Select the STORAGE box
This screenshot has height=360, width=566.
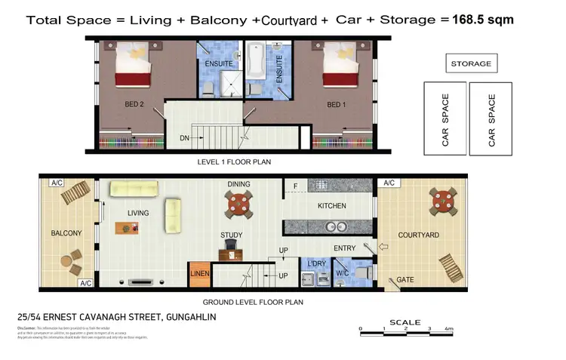point(471,64)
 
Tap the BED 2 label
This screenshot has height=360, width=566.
point(134,104)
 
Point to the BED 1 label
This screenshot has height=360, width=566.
point(335,104)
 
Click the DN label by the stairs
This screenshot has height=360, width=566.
point(183,138)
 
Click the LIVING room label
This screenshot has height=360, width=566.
point(138,213)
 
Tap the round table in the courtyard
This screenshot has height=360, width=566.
point(441,201)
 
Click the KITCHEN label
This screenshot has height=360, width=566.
point(332,205)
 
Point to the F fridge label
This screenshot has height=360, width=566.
point(295,184)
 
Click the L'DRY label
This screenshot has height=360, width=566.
point(315,263)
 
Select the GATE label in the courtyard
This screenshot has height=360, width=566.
point(405,280)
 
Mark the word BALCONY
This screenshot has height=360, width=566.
point(66,233)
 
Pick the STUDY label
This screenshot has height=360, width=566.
point(232,235)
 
